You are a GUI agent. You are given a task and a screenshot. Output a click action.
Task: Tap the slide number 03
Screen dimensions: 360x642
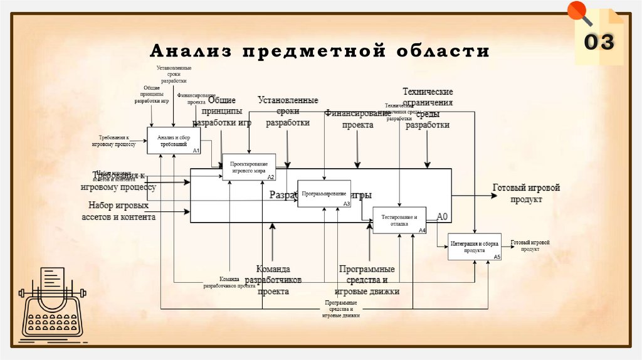click(599, 42)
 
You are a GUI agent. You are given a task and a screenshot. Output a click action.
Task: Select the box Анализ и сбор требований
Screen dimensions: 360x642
click(174, 140)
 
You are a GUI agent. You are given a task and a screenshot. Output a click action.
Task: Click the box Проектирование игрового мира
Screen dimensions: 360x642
click(249, 167)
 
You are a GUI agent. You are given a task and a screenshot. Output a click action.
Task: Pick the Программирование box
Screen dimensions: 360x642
click(324, 194)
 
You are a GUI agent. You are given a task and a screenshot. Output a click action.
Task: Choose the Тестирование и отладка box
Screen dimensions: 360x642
click(399, 220)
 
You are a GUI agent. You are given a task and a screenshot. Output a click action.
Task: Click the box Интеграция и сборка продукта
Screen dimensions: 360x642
click(475, 246)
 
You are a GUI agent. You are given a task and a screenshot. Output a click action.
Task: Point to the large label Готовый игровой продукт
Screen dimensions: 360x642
click(525, 193)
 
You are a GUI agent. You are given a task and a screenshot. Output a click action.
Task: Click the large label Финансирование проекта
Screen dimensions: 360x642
click(357, 119)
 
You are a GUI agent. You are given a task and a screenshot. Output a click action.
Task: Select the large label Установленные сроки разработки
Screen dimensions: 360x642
click(288, 112)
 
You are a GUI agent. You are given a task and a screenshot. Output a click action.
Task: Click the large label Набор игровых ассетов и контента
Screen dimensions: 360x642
click(118, 211)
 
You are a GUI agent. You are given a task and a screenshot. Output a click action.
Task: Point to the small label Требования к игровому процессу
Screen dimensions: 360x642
click(117, 140)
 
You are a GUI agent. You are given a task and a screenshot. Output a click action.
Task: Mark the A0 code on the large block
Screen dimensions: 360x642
click(443, 217)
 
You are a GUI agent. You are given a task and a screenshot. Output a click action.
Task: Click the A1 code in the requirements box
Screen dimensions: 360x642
click(196, 151)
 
